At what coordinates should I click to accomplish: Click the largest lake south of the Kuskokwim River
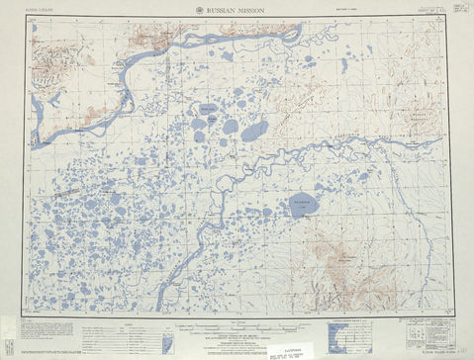click(x=302, y=207)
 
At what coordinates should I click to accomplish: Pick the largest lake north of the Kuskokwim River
click(x=254, y=130)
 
